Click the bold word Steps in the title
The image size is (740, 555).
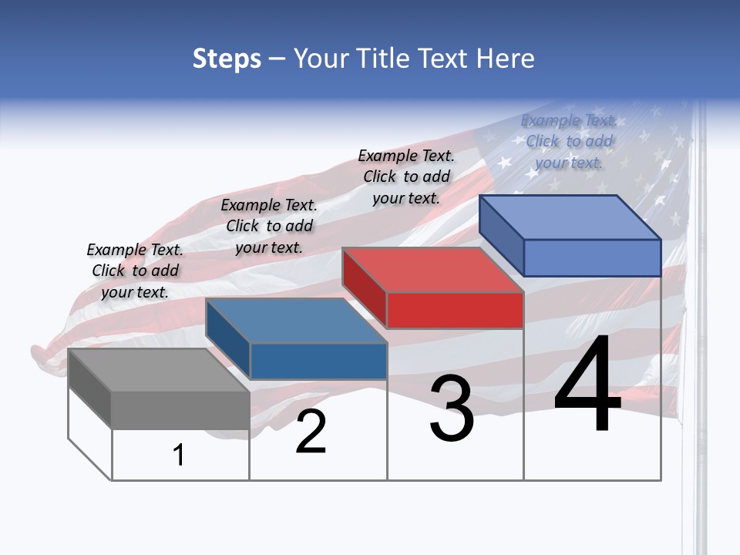pos(227,59)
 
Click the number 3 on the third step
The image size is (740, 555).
pos(452,409)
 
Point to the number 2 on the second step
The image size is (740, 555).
pos(311,432)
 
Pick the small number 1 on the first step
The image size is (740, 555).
pos(179,456)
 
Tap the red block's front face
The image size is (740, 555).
pos(455,310)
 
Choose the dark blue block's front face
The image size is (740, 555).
pos(318,361)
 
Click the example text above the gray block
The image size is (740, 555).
pos(135,271)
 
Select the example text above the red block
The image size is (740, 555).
pos(406,177)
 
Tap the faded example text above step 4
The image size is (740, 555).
pos(569,141)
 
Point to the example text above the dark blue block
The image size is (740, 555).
pos(269,226)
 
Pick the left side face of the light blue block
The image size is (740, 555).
pos(501,234)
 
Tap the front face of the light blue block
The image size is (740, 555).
pos(592,257)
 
